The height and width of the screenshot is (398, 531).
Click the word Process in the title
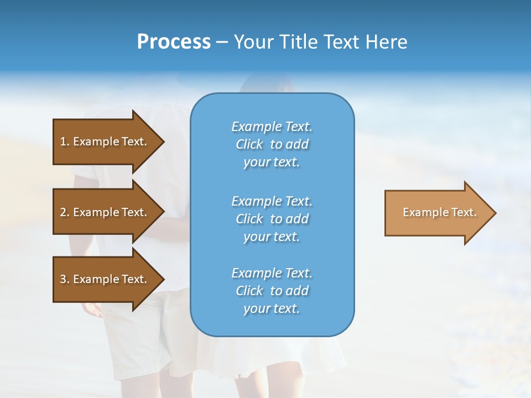tap(174, 42)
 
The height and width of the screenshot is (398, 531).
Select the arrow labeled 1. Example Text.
tap(105, 142)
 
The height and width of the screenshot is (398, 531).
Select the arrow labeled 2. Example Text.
tap(105, 212)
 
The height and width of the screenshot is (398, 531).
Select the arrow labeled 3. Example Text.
tap(105, 279)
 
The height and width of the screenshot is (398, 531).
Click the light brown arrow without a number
tap(437, 213)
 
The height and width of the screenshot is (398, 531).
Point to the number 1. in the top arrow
tap(65, 142)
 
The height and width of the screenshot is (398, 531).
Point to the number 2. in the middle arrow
tap(65, 212)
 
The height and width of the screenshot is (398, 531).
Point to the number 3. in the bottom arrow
tap(65, 279)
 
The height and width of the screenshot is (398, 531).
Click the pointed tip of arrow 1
tap(163, 142)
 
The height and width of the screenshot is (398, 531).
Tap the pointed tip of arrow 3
tap(163, 279)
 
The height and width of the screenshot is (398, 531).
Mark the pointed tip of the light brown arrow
tap(494, 213)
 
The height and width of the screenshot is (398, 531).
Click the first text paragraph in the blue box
tap(272, 144)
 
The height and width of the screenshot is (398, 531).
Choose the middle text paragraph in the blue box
tap(272, 218)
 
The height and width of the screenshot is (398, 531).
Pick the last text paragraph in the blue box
tap(272, 291)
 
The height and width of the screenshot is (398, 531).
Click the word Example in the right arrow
tap(420, 212)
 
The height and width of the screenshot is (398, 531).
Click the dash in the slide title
tap(222, 42)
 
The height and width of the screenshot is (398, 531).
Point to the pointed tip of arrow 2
tap(163, 212)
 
